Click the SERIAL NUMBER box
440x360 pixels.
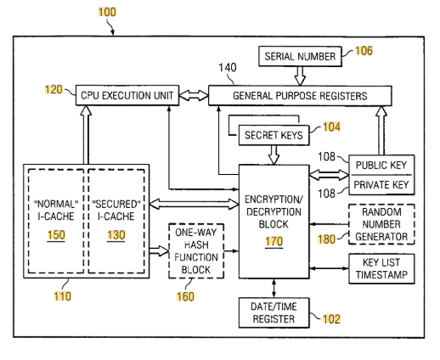pos(300,56)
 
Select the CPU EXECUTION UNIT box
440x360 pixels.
pos(127,95)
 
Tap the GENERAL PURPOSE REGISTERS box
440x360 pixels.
pos(300,96)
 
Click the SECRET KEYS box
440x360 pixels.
pos(274,135)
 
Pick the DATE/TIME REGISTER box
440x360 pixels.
pos(274,312)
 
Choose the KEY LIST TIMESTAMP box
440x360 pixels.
pos(381,268)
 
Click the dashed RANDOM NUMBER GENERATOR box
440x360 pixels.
pos(381,224)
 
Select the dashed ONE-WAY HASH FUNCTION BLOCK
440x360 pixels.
pos(196,250)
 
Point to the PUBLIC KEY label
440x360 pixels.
pos(381,165)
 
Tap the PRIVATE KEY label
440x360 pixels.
pos(381,185)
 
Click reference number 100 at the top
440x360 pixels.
pos(107,12)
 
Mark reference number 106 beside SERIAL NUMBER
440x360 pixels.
pos(364,51)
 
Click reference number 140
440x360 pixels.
pos(228,68)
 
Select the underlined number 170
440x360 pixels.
pos(274,241)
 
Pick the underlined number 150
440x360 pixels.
pos(56,235)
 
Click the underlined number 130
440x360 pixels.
pos(116,235)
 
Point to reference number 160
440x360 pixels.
pos(185,296)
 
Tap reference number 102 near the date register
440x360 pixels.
pos(331,319)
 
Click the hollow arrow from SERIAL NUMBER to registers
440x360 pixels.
pos(300,76)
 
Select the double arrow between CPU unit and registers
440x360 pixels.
pos(194,95)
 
